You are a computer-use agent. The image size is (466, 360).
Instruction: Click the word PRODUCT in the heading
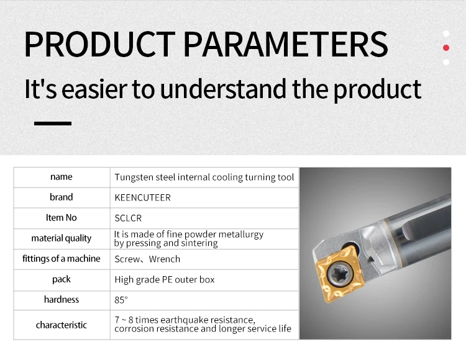pyautogui.click(x=99, y=44)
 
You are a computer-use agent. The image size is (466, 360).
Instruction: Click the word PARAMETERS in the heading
pyautogui.click(x=286, y=44)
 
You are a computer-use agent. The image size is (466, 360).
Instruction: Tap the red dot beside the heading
pyautogui.click(x=445, y=48)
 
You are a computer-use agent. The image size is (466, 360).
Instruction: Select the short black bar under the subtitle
pyautogui.click(x=53, y=123)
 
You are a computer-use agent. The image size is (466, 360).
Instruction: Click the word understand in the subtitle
pyautogui.click(x=222, y=89)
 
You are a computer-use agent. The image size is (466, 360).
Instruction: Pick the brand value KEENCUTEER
pyautogui.click(x=143, y=197)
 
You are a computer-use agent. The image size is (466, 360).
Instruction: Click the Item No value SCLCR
pyautogui.click(x=128, y=218)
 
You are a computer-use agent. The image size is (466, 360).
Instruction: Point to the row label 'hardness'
pyautogui.click(x=62, y=299)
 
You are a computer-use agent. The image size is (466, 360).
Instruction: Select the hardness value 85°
pyautogui.click(x=121, y=300)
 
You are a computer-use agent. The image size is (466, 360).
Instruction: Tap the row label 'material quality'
pyautogui.click(x=62, y=238)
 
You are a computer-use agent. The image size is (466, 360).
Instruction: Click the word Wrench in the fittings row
pyautogui.click(x=165, y=259)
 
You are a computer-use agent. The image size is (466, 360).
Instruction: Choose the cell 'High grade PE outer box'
pyautogui.click(x=165, y=279)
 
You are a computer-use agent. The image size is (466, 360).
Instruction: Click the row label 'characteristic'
pyautogui.click(x=62, y=325)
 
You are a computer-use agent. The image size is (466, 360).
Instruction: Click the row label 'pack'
pyautogui.click(x=62, y=279)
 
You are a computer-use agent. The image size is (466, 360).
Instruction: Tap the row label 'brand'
pyautogui.click(x=62, y=197)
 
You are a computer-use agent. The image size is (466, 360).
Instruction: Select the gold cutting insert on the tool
pyautogui.click(x=340, y=274)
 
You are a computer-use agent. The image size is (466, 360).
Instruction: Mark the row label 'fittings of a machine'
pyautogui.click(x=62, y=259)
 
